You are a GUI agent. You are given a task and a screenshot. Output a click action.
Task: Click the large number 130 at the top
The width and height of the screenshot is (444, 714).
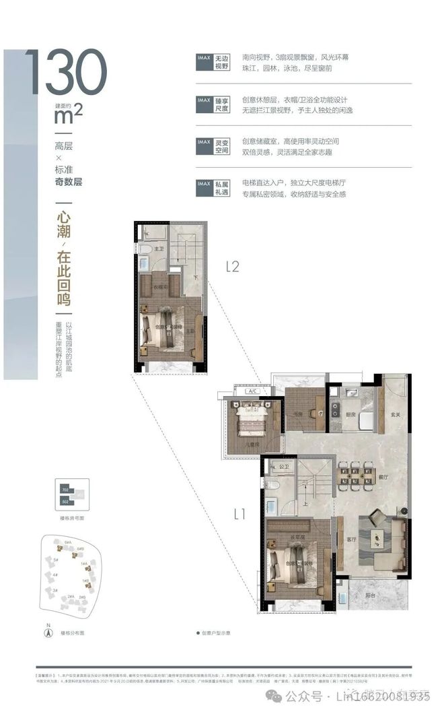pos(66,73)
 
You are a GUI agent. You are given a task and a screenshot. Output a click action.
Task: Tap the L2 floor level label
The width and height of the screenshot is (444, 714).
pos(232,266)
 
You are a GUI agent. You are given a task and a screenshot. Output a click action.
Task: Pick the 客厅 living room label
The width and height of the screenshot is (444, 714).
pos(350,540)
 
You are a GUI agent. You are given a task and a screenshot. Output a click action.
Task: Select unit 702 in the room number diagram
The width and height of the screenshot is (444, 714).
pos(65,488)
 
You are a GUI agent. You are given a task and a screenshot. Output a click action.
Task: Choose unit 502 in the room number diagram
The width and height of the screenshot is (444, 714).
pos(65,501)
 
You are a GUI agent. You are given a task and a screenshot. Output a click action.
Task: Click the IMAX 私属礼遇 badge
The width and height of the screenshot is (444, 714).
pos(213,188)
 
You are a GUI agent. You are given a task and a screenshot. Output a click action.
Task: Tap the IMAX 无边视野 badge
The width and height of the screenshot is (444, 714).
pos(213,63)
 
